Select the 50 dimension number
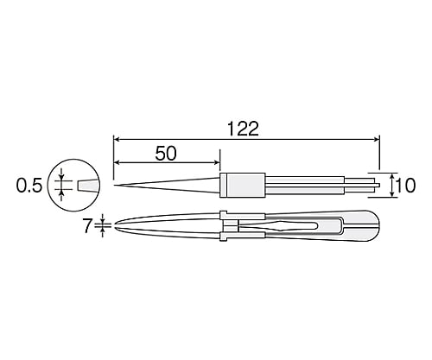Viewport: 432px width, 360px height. click(x=166, y=154)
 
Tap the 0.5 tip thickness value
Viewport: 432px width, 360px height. click(x=28, y=184)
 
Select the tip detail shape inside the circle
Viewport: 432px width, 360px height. click(x=88, y=185)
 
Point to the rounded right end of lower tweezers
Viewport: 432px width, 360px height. click(x=374, y=226)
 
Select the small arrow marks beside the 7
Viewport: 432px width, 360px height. click(x=104, y=226)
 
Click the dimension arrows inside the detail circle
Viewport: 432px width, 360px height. click(x=62, y=184)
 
